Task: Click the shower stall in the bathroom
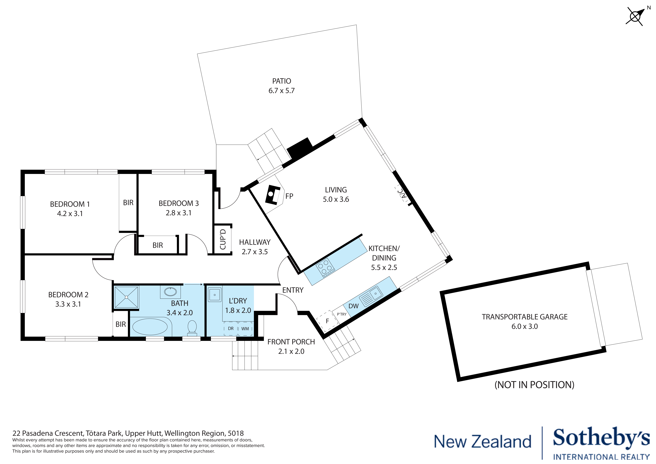pos(126,297)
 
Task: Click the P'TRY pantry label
pos(342,314)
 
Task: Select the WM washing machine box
pos(245,329)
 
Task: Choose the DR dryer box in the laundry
pos(231,329)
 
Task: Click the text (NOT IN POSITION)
pos(534,385)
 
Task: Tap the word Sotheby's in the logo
pos(601,445)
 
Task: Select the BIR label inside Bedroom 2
pos(121,324)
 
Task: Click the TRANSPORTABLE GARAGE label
pos(525,317)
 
